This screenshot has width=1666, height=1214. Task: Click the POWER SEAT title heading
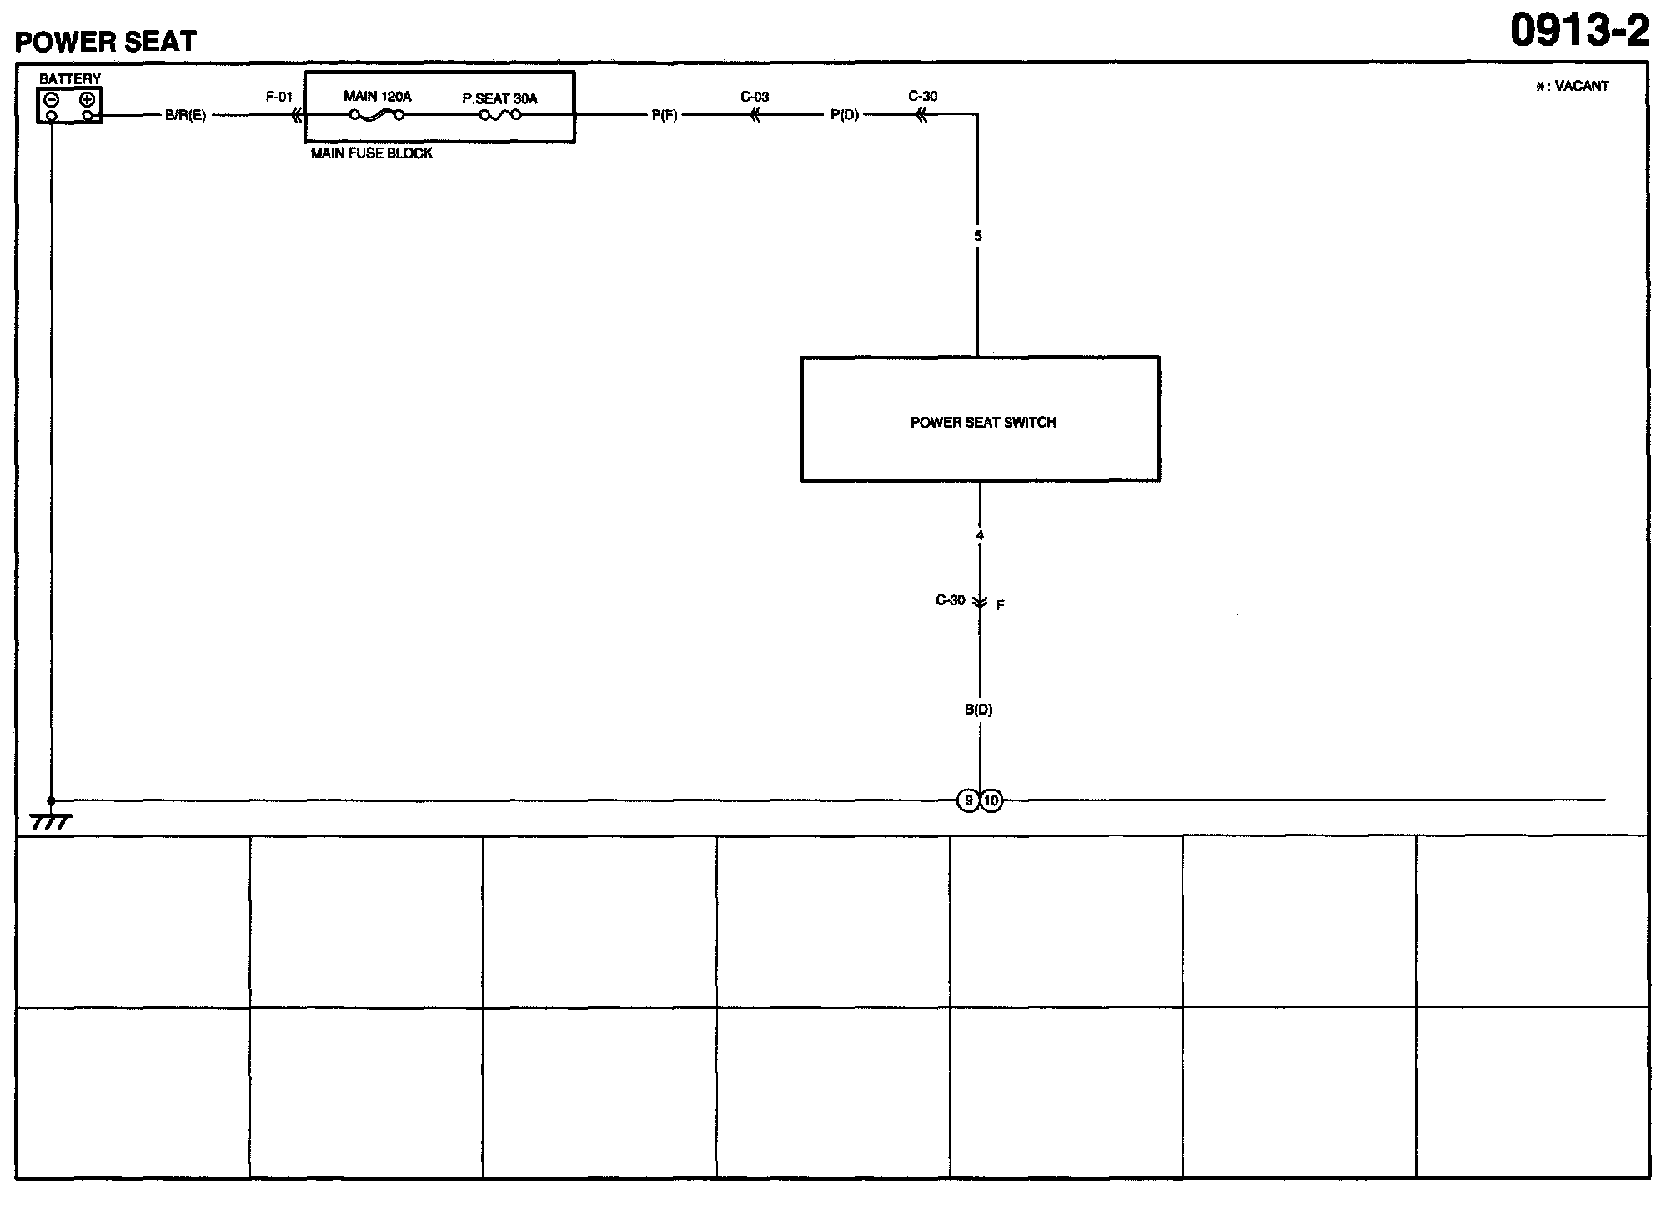(106, 42)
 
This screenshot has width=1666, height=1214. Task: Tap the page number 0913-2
(1579, 32)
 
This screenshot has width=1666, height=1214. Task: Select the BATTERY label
(70, 79)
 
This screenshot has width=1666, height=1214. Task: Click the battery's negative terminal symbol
(52, 99)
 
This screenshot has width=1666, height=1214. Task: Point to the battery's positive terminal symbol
(87, 99)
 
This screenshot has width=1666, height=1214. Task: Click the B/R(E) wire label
(185, 116)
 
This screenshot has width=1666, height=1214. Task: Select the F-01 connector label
(279, 97)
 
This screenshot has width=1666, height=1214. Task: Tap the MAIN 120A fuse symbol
(377, 115)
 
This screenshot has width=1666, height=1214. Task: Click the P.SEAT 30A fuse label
(500, 98)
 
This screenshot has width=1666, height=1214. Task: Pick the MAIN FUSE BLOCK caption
(372, 153)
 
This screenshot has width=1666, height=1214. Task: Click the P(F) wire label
(665, 116)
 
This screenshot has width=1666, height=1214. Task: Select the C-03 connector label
(755, 97)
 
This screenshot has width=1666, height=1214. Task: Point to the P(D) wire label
(845, 116)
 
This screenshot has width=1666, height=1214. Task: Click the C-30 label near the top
(923, 97)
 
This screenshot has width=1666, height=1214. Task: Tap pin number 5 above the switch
(978, 236)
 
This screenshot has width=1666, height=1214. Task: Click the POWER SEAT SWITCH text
(983, 423)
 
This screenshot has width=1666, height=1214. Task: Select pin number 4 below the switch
(980, 535)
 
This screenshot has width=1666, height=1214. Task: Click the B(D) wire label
(979, 710)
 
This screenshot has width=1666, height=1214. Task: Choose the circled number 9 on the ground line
(968, 801)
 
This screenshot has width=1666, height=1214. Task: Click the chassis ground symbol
(51, 822)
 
